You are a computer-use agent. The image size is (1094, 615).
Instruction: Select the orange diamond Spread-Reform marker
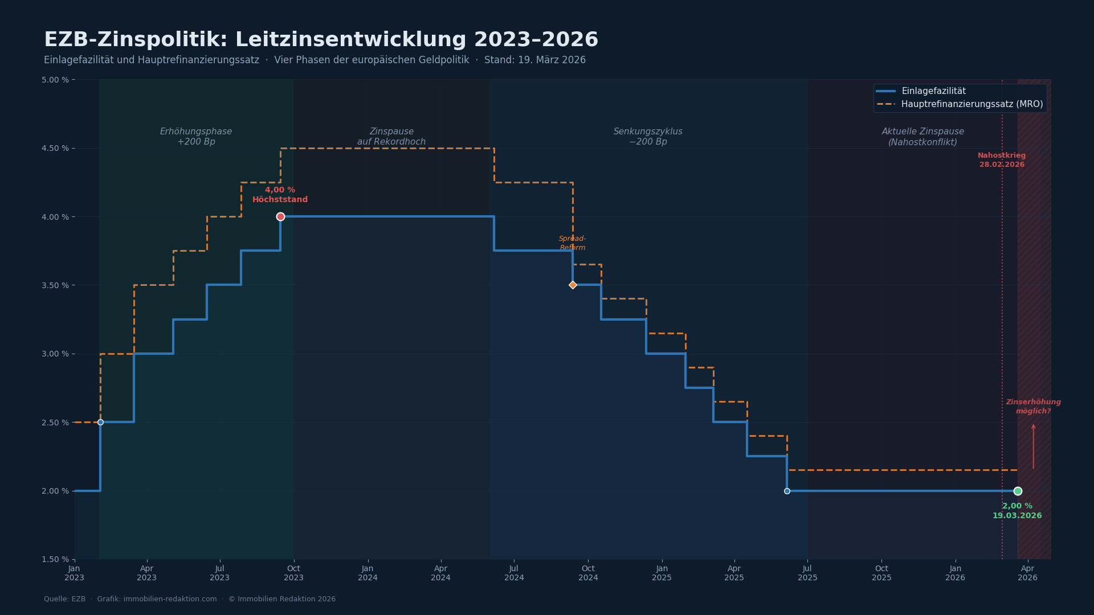[573, 285]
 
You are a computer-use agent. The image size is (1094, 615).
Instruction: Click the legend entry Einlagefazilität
[933, 91]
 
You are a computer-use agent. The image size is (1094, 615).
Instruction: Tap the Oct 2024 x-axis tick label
[588, 573]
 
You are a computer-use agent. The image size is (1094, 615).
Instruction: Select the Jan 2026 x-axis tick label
[955, 573]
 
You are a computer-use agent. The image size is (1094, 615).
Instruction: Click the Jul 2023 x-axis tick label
[219, 573]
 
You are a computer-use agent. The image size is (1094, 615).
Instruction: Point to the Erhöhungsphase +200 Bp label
[196, 137]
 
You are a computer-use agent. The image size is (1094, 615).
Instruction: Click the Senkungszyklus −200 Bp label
[648, 137]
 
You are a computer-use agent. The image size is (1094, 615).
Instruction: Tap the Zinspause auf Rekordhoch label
[391, 137]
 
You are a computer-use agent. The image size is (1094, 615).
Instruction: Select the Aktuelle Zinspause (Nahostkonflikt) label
[922, 137]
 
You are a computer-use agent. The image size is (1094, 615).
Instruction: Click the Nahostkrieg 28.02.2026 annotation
[1002, 160]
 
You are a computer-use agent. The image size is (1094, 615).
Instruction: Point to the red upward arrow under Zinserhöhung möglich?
[1033, 446]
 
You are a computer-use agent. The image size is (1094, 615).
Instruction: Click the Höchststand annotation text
[280, 200]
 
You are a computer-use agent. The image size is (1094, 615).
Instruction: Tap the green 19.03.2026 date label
[1017, 516]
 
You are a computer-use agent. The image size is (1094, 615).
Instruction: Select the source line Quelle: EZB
[65, 599]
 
